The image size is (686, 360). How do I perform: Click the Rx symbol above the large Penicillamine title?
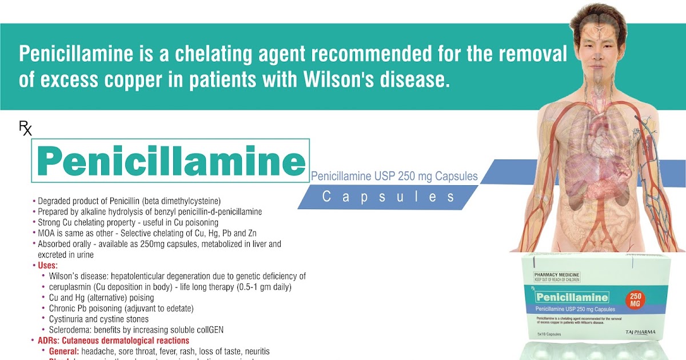tap(26, 129)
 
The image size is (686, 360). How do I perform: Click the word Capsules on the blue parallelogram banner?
tap(389, 197)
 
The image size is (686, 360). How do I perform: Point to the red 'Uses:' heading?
tap(47, 266)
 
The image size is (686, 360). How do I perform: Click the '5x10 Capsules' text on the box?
tap(549, 334)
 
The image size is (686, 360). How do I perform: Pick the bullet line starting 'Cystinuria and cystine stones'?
tap(99, 319)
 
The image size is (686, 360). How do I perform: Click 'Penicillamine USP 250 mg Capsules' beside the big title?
tap(394, 176)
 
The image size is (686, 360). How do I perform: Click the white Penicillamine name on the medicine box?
tap(572, 298)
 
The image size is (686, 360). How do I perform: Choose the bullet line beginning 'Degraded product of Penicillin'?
tap(129, 201)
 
